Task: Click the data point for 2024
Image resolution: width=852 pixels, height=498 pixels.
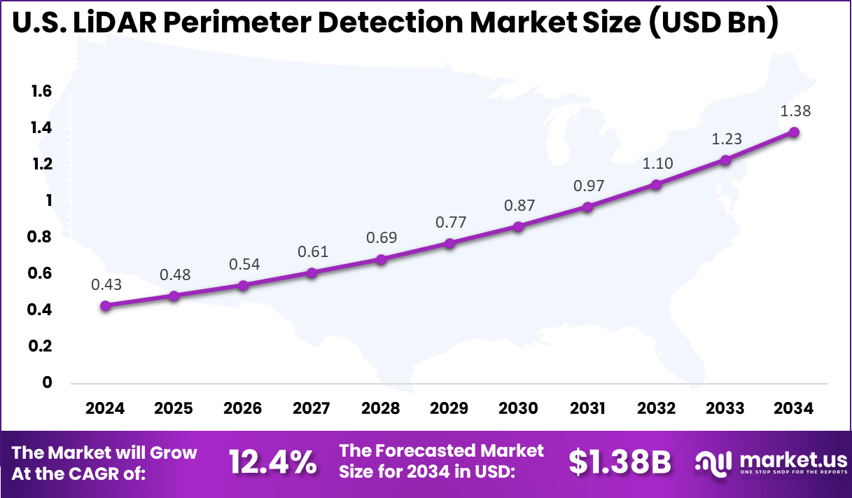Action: pos(106,305)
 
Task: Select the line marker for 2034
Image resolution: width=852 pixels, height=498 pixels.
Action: pos(794,132)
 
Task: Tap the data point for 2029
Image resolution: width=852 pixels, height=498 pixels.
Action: pos(450,243)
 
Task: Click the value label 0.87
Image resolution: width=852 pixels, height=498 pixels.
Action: pos(519,206)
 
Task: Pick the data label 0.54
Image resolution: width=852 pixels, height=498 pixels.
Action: pos(244,265)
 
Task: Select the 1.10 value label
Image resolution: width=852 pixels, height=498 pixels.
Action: pos(657,164)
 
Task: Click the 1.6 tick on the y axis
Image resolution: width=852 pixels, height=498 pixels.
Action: pos(41,91)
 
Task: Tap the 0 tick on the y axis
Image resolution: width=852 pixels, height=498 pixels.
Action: pos(47,382)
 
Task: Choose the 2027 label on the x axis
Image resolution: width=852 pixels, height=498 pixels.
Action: pos(312,409)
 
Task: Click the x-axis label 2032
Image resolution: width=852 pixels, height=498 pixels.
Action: pos(657,409)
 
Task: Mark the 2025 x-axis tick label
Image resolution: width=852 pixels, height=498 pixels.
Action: pos(174,409)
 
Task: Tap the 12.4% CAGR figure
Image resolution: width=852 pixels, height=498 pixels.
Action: pos(272,463)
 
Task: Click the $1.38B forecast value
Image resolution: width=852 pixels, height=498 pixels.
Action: pos(620,463)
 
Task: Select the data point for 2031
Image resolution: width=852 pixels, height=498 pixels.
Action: pos(587,207)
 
